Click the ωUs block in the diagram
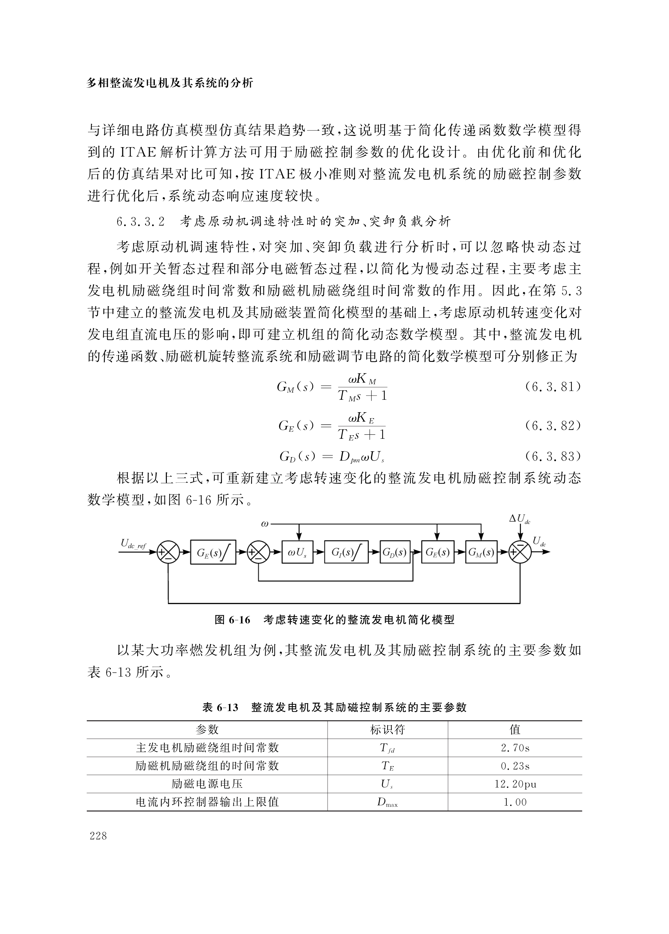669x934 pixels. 297,552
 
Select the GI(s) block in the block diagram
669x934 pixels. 346,552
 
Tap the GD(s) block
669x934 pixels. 395,552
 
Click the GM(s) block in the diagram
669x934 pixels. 481,552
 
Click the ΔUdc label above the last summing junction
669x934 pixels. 519,519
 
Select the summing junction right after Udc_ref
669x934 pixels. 168,553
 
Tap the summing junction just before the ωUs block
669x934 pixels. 258,553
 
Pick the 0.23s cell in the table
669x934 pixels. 515,766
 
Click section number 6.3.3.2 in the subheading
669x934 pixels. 140,222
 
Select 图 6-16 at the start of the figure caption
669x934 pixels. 232,620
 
